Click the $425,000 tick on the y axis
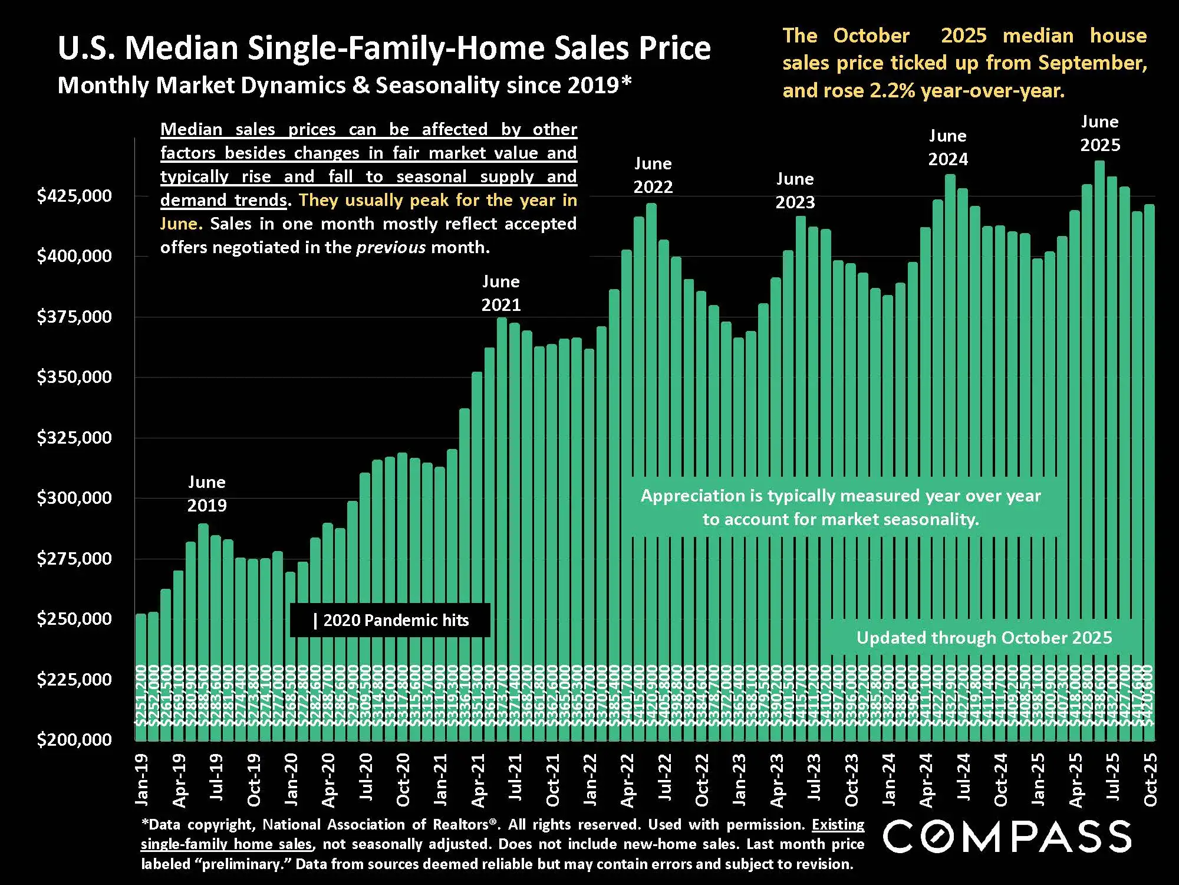point(74,195)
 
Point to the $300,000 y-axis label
point(74,498)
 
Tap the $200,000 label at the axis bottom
point(74,739)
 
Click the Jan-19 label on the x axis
point(142,779)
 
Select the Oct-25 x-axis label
point(1150,779)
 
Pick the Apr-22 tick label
point(627,780)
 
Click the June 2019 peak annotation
point(207,494)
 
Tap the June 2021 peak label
point(501,293)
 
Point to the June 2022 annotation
point(653,175)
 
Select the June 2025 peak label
point(1100,133)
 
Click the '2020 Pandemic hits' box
point(390,620)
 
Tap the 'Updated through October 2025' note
point(984,638)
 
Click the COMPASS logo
point(1007,836)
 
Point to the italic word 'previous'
point(391,247)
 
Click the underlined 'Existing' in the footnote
point(838,824)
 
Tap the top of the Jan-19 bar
point(141,615)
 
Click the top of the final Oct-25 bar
point(1150,205)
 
